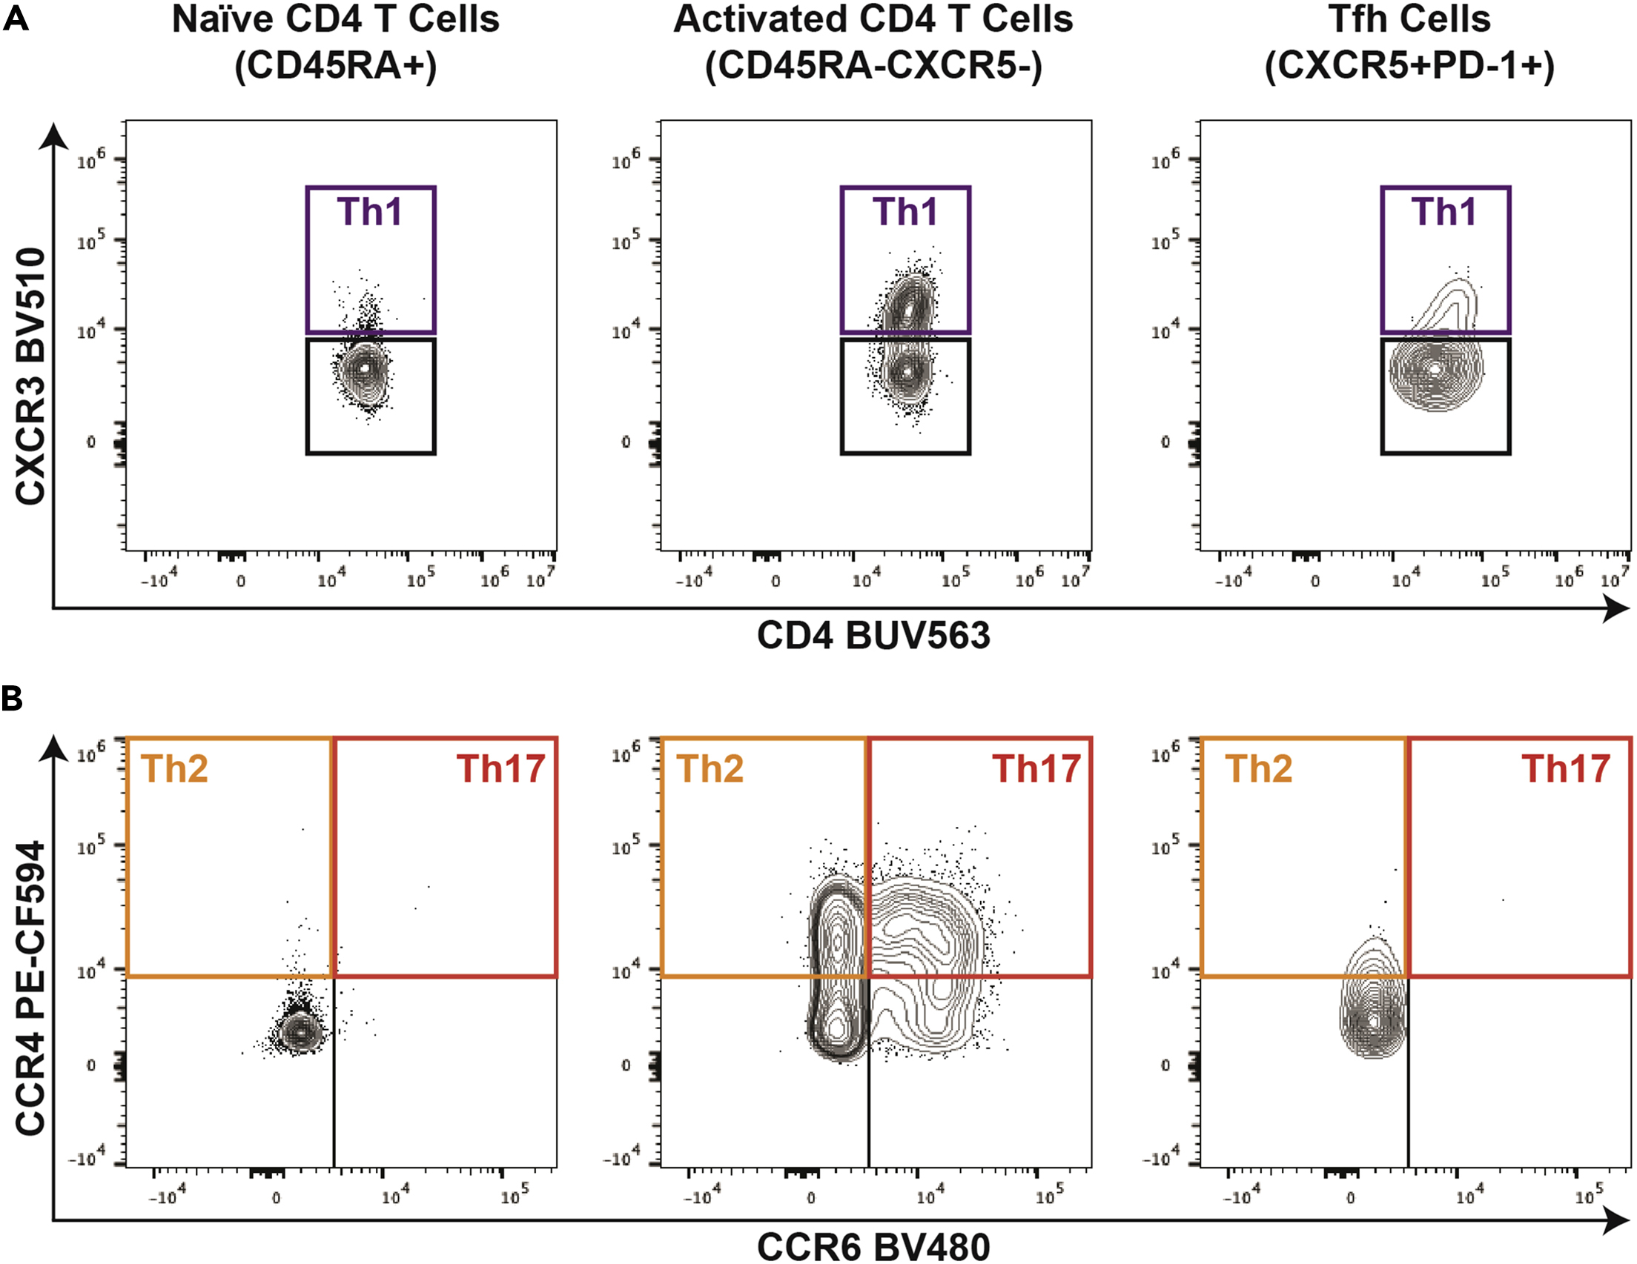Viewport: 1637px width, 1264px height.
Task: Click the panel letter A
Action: click(16, 18)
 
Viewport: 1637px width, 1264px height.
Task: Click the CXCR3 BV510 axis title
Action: click(30, 376)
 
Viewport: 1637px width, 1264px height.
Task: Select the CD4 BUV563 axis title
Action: click(873, 636)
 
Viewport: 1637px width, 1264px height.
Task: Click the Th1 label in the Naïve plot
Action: click(369, 212)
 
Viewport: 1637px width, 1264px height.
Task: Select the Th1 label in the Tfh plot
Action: click(1443, 212)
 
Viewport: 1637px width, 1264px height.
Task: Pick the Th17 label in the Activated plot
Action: click(1036, 769)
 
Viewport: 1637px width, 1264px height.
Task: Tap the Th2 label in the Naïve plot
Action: click(175, 769)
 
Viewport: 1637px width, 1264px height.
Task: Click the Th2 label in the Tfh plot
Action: click(1258, 769)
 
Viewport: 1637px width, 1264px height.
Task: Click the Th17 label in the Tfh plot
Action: click(1565, 769)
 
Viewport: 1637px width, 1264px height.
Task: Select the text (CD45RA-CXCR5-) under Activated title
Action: click(873, 66)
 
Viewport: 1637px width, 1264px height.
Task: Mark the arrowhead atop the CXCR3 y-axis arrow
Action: click(53, 136)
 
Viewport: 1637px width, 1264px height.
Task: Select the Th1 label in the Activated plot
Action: click(905, 212)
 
